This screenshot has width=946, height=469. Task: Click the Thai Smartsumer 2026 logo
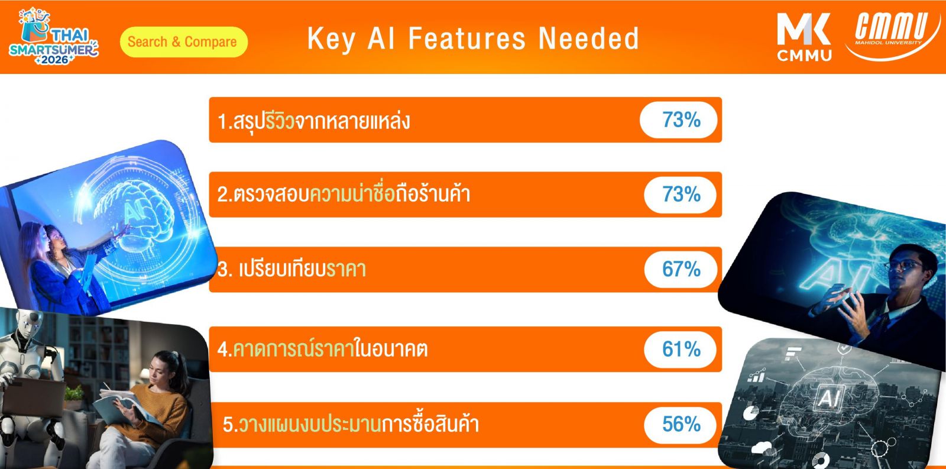pos(53,36)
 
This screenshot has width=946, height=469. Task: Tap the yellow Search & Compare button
pos(184,42)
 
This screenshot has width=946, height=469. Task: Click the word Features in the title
pos(467,38)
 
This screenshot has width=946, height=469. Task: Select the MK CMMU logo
pos(804,37)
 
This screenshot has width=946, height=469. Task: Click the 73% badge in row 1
pos(679,120)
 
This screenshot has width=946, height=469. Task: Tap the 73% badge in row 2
pos(680,195)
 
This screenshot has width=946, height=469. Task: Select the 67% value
pos(681,269)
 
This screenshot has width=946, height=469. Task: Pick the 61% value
pos(681,349)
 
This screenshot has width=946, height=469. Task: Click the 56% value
pos(681,424)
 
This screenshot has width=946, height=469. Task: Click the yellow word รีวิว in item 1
pos(280,121)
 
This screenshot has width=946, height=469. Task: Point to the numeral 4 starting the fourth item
pos(222,350)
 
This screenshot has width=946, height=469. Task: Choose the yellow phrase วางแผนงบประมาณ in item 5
pos(310,424)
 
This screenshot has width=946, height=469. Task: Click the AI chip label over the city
pos(829,397)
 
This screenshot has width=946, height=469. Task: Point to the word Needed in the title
pos(589,38)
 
